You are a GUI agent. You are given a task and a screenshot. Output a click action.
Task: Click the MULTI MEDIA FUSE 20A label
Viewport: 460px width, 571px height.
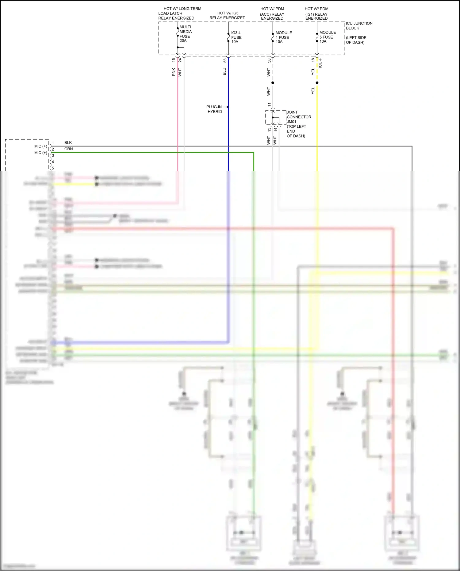click(x=185, y=34)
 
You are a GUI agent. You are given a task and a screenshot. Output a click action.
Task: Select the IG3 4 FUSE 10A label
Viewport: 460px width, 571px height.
click(x=236, y=37)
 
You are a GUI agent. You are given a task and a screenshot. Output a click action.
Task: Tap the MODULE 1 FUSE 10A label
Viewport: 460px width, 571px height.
click(x=283, y=37)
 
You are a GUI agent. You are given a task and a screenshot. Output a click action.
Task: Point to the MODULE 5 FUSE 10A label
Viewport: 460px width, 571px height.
click(x=327, y=37)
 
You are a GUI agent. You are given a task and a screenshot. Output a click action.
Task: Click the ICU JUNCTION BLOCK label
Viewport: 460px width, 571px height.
click(x=359, y=26)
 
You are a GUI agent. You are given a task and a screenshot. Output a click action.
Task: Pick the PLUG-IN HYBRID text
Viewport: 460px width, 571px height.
click(x=214, y=109)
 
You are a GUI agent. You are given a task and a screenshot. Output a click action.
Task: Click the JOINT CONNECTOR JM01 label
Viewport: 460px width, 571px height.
click(x=298, y=117)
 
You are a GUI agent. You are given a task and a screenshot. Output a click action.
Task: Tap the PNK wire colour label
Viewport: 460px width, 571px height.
click(x=174, y=72)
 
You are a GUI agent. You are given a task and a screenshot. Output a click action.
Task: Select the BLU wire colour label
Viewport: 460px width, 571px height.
click(x=224, y=72)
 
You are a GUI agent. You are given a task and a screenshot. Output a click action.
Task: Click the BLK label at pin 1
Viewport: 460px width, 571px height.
click(x=68, y=143)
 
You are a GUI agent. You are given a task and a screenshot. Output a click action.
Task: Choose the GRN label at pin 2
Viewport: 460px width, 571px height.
click(x=68, y=149)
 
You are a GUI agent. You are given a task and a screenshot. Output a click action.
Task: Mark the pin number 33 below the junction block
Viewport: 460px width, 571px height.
click(x=225, y=61)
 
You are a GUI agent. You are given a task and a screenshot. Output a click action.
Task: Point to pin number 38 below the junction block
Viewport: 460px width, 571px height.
click(x=269, y=61)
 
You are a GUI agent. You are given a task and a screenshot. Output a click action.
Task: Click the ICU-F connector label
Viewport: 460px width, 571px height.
click(x=320, y=63)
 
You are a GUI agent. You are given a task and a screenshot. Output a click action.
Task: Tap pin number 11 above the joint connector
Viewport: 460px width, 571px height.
click(x=269, y=105)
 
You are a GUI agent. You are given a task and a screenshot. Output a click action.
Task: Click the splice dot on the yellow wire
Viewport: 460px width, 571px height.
click(x=317, y=83)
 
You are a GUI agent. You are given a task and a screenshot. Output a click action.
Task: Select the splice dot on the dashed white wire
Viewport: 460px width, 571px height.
click(x=273, y=83)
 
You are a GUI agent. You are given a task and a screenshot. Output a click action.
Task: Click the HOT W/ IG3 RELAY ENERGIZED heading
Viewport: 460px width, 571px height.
click(x=228, y=16)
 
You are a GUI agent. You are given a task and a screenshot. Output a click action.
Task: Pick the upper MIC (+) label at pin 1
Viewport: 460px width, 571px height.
click(x=41, y=146)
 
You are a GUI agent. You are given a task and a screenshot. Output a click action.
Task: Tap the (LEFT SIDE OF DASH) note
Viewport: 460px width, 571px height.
click(x=356, y=40)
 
